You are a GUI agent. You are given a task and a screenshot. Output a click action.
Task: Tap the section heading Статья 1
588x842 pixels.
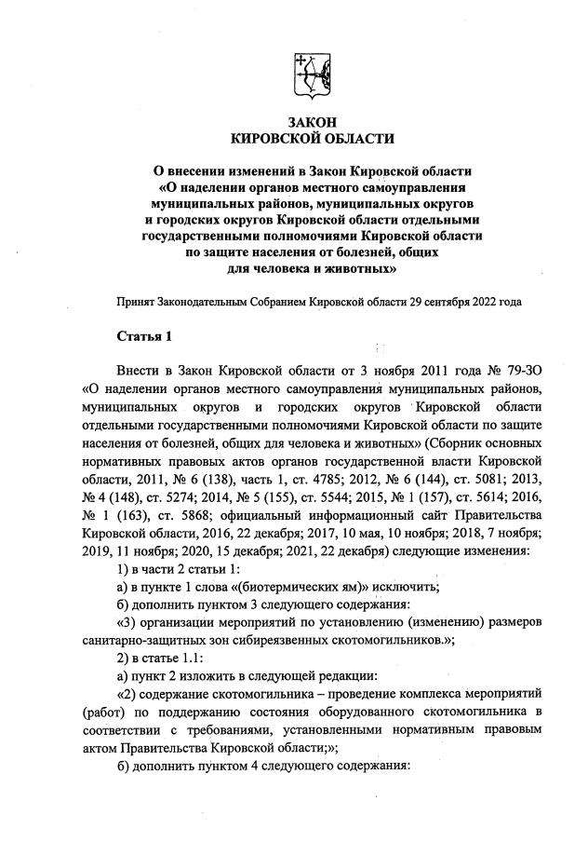[143, 335]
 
